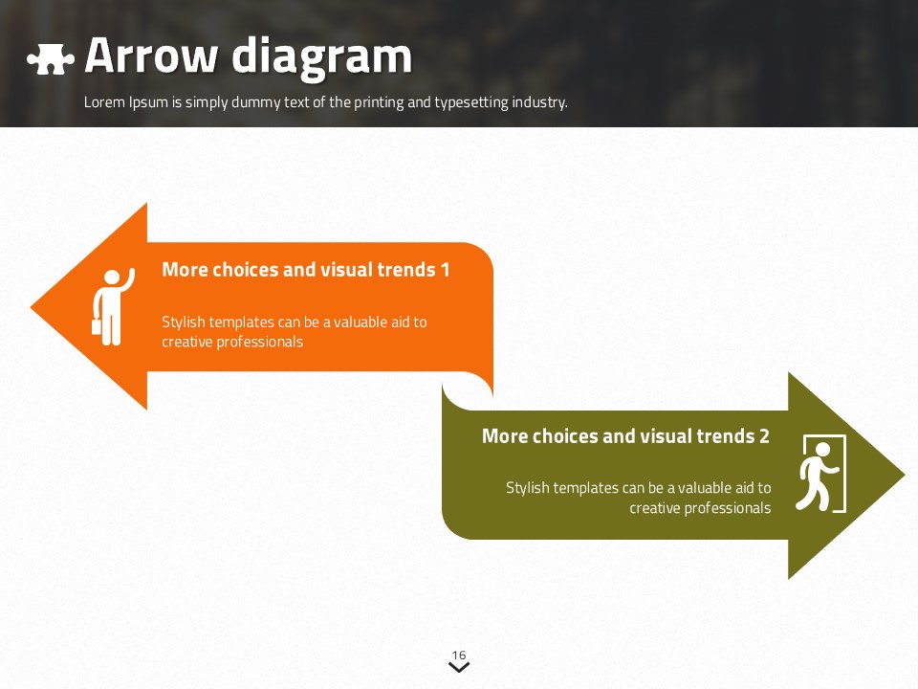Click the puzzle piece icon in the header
tap(51, 58)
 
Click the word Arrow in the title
tap(150, 56)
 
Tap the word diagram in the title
tap(322, 56)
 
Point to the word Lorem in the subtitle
tap(104, 102)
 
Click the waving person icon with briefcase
tap(114, 307)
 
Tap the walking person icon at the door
tap(820, 474)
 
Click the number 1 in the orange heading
tap(445, 270)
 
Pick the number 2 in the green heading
tap(764, 436)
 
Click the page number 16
tap(459, 655)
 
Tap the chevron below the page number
tap(459, 667)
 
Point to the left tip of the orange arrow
tap(31, 306)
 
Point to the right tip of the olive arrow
tap(906, 476)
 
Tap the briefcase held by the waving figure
tap(96, 326)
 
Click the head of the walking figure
tap(822, 450)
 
